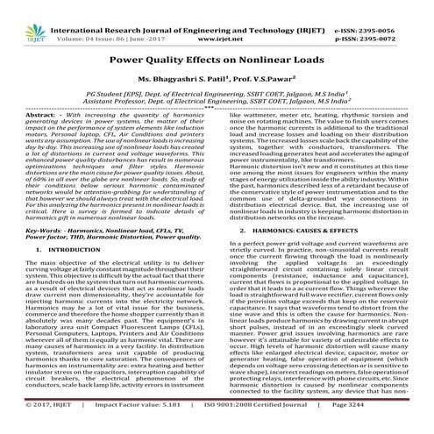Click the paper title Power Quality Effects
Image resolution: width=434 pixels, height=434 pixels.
click(217, 55)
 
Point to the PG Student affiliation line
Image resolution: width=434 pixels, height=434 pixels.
click(217, 90)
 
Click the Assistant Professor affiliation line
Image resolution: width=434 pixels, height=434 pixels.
click(217, 99)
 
